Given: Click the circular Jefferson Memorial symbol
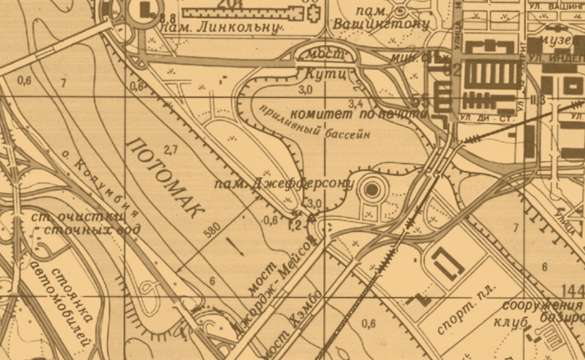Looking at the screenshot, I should point(370,190).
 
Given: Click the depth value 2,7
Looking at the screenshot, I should point(170,148).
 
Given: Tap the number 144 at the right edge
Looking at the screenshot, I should point(572,291).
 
